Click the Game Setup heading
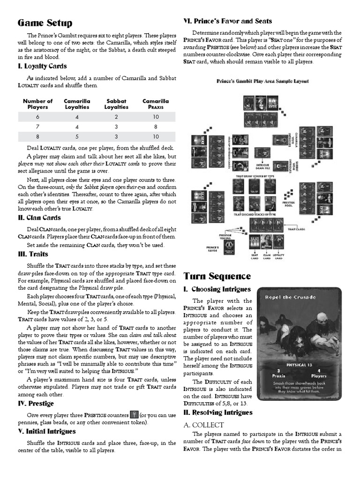pos(45,23)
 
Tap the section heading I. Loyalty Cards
pos(42,66)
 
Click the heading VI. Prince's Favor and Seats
pos(227,21)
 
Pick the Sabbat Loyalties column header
pos(116,104)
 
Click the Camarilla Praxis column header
pos(156,104)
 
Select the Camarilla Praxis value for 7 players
pos(156,127)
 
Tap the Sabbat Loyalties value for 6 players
pos(116,117)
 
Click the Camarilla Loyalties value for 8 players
pos(77,136)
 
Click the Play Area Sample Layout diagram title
pos(262,81)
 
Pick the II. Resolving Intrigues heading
pos(218,412)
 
